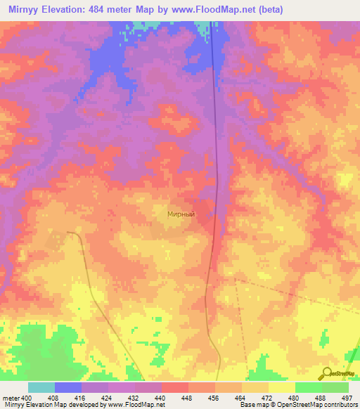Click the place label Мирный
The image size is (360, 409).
tap(181, 214)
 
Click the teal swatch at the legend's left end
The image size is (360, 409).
tap(41, 387)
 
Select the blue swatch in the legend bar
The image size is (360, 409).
tap(68, 387)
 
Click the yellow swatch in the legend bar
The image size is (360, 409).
tap(282, 387)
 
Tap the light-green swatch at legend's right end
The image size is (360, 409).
tap(335, 387)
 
